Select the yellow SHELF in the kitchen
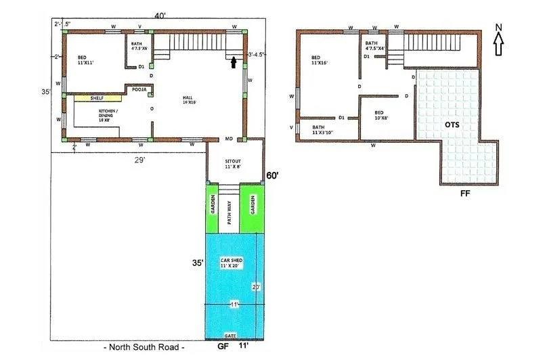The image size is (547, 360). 92,98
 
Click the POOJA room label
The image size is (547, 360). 140,89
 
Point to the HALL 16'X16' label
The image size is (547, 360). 188,101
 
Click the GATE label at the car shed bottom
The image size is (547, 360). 231,335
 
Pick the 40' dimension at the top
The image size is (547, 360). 159,16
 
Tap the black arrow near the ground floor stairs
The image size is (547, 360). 234,62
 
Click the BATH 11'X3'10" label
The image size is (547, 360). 324,130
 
